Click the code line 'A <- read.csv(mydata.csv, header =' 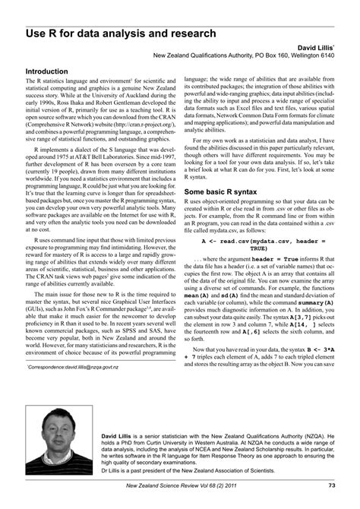pos(258,240)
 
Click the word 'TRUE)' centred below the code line pos(258,248)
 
